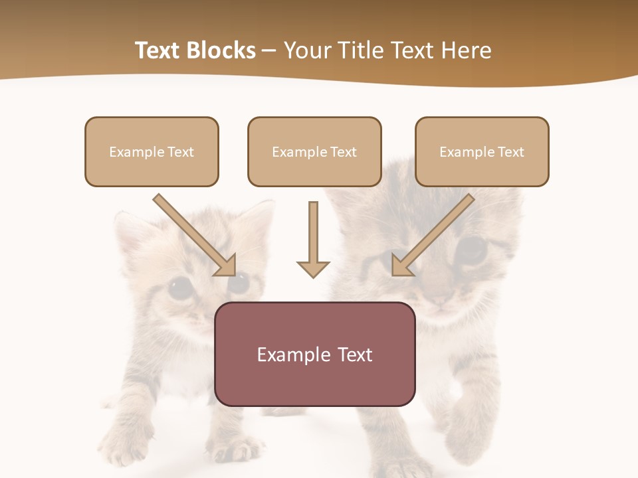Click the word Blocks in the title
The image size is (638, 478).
pyautogui.click(x=220, y=50)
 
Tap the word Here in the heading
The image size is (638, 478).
pyautogui.click(x=465, y=50)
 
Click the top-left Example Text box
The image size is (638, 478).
pyautogui.click(x=152, y=151)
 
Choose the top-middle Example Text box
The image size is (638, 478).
pyautogui.click(x=314, y=151)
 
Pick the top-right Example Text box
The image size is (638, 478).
pyautogui.click(x=482, y=151)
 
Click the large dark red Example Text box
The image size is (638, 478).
pyautogui.click(x=314, y=354)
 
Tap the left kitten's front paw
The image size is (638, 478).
pyautogui.click(x=123, y=441)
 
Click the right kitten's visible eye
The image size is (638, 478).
pyautogui.click(x=473, y=249)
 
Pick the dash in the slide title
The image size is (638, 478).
pyautogui.click(x=269, y=50)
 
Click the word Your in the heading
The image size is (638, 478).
pyautogui.click(x=306, y=50)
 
